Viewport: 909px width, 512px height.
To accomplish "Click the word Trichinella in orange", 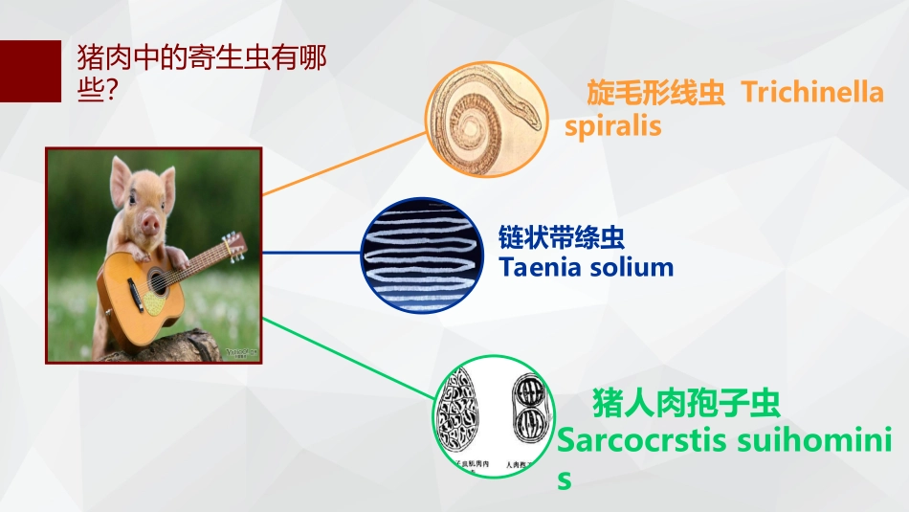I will click(812, 94).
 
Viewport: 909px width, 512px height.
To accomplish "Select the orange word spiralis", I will click(612, 126).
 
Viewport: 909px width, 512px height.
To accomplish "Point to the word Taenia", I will click(543, 267).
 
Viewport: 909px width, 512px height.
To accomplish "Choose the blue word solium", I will click(632, 267).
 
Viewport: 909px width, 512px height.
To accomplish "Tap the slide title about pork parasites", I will click(201, 74).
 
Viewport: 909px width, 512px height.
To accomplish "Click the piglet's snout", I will click(149, 222).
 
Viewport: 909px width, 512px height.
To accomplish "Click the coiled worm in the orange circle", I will click(483, 120).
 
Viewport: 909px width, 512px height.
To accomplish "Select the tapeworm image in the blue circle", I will click(417, 255).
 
